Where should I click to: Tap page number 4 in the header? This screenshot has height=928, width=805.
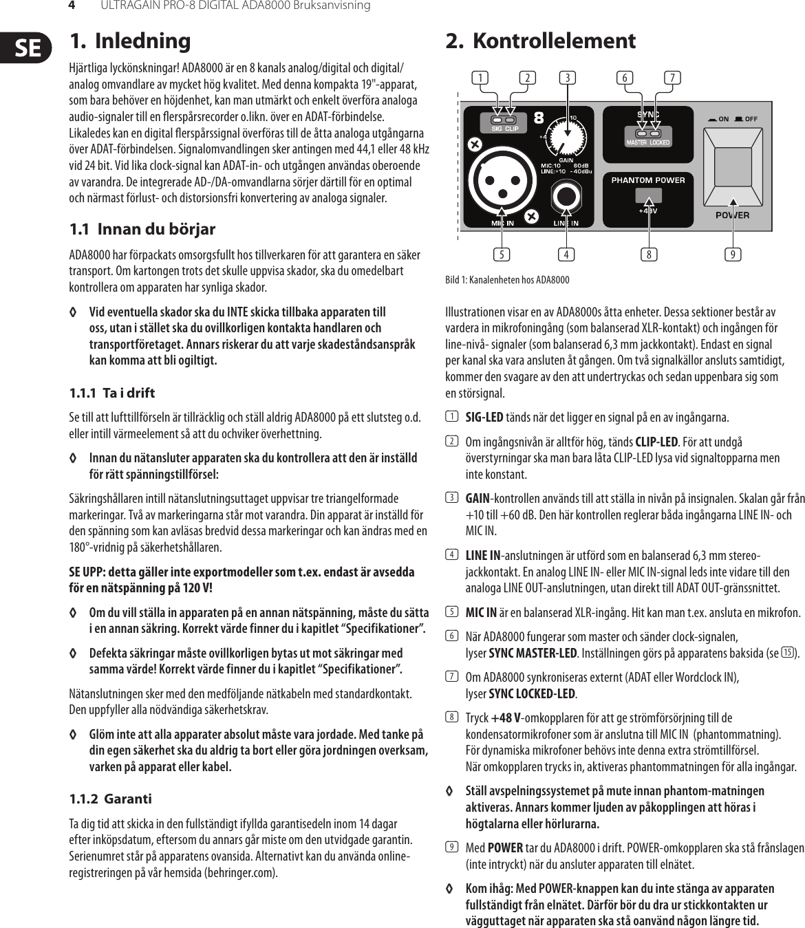[70, 6]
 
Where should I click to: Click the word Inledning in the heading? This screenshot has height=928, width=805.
[142, 41]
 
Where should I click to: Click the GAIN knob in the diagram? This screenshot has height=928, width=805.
[567, 138]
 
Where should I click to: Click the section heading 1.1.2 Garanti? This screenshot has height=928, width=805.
[110, 799]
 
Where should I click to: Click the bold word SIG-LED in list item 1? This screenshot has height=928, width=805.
[484, 418]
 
